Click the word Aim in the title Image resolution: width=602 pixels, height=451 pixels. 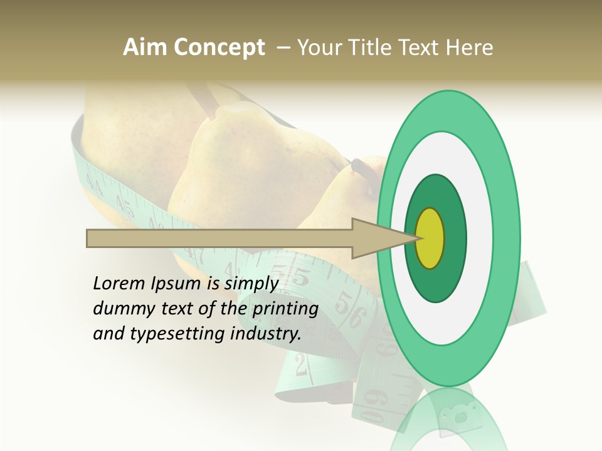tap(145, 48)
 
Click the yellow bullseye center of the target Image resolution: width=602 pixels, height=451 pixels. tap(430, 238)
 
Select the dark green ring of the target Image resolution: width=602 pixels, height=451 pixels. tap(436, 194)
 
